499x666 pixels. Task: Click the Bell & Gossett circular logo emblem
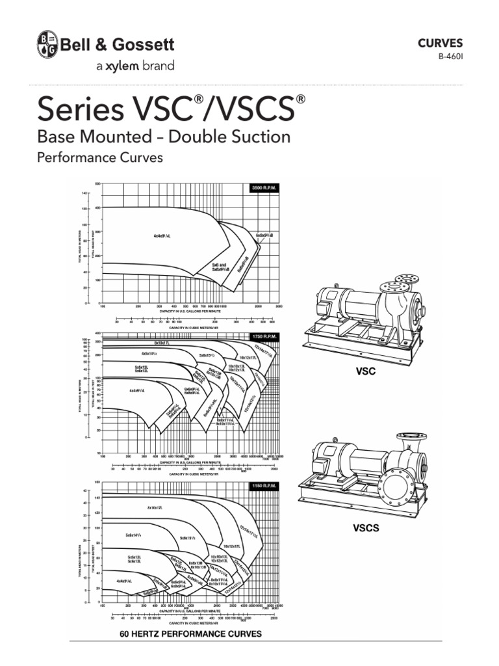click(x=46, y=44)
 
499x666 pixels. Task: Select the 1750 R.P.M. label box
click(x=266, y=336)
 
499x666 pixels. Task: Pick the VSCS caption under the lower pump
click(x=366, y=528)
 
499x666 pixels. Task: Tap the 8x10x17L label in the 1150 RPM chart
click(x=159, y=507)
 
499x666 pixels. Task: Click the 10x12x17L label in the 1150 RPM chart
click(x=234, y=546)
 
